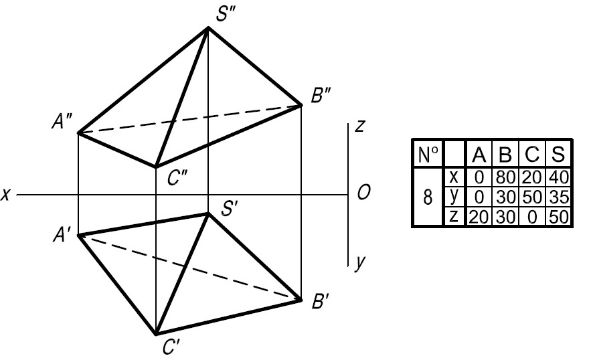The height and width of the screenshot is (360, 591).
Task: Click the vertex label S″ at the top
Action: (226, 14)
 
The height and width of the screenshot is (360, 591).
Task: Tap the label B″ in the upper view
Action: (321, 95)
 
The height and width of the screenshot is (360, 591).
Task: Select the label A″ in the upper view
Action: (62, 122)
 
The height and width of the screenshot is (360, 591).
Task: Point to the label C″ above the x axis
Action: (177, 177)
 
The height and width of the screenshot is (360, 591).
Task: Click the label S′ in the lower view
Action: (229, 209)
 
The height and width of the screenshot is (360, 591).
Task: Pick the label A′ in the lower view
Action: (62, 236)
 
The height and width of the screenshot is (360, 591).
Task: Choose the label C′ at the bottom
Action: (171, 347)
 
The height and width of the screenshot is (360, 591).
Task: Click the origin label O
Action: (363, 193)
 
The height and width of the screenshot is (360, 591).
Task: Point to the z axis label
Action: (360, 126)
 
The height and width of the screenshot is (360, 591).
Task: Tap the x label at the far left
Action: (5, 195)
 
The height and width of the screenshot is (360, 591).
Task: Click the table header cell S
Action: (558, 154)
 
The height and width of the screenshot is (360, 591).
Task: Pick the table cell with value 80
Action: (505, 177)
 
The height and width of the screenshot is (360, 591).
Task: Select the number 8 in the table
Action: (428, 197)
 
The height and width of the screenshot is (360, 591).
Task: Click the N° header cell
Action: (428, 154)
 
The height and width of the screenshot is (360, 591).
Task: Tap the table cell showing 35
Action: (558, 197)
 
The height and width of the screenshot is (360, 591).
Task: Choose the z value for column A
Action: (479, 217)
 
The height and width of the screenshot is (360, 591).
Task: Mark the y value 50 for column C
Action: (531, 197)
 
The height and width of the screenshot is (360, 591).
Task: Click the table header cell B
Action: (505, 154)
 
